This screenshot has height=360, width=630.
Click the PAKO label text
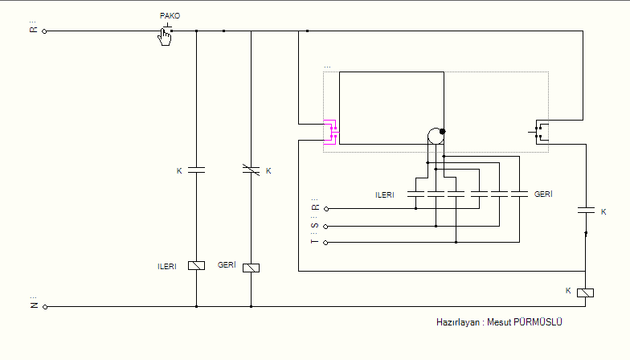coord(170,16)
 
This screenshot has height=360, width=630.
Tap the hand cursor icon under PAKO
coord(164,37)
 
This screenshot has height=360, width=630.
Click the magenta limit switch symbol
coord(331,132)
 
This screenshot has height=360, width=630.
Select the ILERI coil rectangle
coord(196,265)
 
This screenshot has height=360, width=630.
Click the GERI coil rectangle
coord(251,268)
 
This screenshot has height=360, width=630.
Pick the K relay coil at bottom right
coord(585,292)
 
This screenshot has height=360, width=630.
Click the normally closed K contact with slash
coord(251,170)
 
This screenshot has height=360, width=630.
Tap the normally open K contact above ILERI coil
coord(196,170)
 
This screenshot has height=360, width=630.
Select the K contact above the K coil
coord(586,211)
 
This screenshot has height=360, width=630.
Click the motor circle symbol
coord(436,137)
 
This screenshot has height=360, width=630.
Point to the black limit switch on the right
coord(539,132)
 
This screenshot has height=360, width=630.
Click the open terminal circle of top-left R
coord(45,31)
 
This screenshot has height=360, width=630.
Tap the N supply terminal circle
coord(45,307)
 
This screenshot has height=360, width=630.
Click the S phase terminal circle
coord(326,227)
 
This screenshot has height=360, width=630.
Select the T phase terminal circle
coord(326,243)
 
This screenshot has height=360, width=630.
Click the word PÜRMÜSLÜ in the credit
coord(538,322)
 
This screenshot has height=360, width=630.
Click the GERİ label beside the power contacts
coord(543,194)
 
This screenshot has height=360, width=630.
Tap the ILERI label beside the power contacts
coord(384,194)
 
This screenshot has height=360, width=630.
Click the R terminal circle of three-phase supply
coord(326,209)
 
